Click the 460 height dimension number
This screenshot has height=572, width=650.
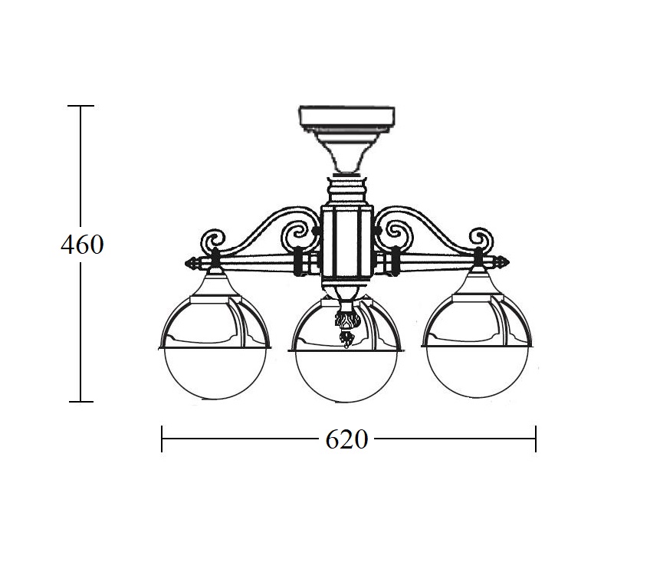click(x=82, y=245)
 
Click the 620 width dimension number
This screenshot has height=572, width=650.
click(x=346, y=439)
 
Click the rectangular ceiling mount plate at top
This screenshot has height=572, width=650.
click(x=347, y=115)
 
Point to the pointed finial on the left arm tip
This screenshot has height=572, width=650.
click(x=192, y=263)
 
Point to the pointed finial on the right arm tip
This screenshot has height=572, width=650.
click(x=501, y=262)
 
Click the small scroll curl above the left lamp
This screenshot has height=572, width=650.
click(x=212, y=240)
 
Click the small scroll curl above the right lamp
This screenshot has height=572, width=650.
click(x=481, y=239)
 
